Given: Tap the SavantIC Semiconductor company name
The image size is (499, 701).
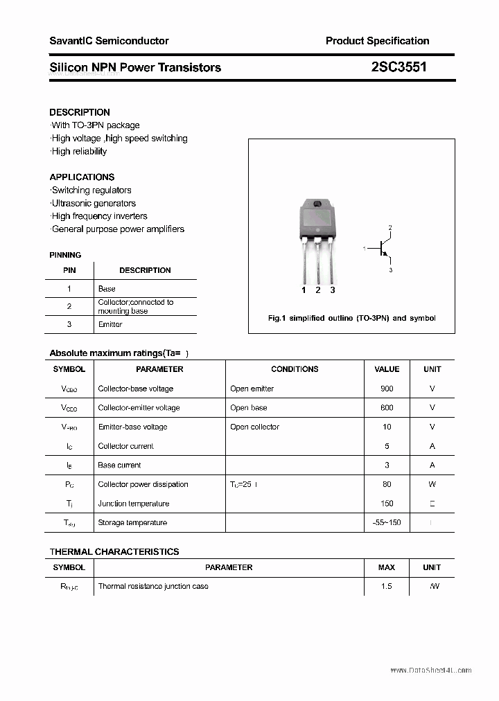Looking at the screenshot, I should pos(109,41).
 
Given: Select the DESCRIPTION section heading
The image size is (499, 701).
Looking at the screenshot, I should pos(80,112).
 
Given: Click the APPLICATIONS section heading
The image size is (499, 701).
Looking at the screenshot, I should pos(82,177).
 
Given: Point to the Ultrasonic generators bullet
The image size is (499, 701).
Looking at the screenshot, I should pos(94,203).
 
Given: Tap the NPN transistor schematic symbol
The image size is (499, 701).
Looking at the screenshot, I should pos(382,249).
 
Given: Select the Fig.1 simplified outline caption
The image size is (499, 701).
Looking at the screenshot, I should pos(351,318).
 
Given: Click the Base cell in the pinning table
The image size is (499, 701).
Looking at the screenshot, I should pos(107,289).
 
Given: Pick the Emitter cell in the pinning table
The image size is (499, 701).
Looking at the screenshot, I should pos(110,324).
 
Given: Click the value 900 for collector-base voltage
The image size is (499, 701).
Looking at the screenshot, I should pos(387,389).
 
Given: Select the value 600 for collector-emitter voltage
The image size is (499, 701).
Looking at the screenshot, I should pos(387,408).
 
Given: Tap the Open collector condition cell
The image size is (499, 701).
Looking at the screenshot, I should pos(254,427).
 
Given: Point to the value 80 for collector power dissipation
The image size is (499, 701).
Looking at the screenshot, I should pos(387,484).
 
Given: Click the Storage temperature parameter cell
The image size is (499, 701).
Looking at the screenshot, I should pos(132,522).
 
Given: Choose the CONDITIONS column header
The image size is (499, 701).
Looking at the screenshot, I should pos(295,369).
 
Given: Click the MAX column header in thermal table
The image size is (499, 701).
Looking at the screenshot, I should pos(387,567).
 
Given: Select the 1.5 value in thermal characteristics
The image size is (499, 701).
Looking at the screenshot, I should pos(387,586).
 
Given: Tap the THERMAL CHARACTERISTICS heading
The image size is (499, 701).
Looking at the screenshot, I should pos(114,552).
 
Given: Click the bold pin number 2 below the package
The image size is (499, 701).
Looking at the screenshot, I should pos(318,290).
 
